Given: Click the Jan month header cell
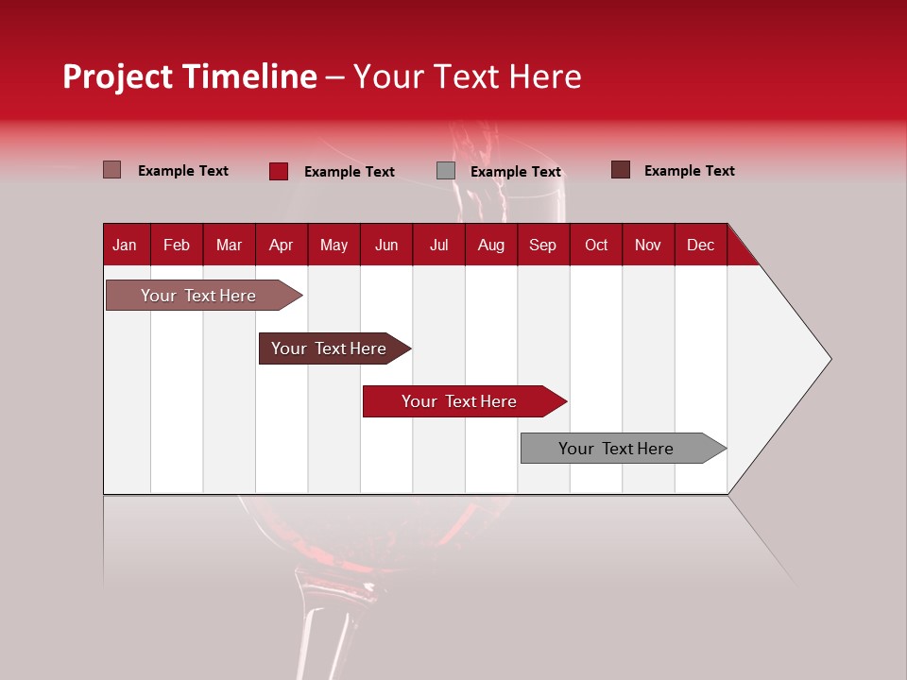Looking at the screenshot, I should [x=126, y=245].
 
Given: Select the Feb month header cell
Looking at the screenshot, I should [x=177, y=245].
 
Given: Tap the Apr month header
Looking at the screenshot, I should [x=282, y=245].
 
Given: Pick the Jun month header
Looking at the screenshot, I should [x=386, y=245].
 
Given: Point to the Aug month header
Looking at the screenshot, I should [x=491, y=245].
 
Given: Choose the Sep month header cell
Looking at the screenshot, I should [x=543, y=245].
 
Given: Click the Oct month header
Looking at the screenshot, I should [x=596, y=245].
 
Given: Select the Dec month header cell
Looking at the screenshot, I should [x=701, y=245].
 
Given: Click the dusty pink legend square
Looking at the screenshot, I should [x=112, y=170].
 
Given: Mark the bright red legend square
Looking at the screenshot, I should [x=279, y=171].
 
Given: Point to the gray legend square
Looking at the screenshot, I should [x=446, y=171].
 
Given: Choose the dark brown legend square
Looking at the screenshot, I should [x=621, y=170].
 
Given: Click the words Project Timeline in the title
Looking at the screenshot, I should [x=190, y=76].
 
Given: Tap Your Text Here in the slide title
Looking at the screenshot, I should [x=467, y=76].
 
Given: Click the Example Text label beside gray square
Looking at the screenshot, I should [x=516, y=172].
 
